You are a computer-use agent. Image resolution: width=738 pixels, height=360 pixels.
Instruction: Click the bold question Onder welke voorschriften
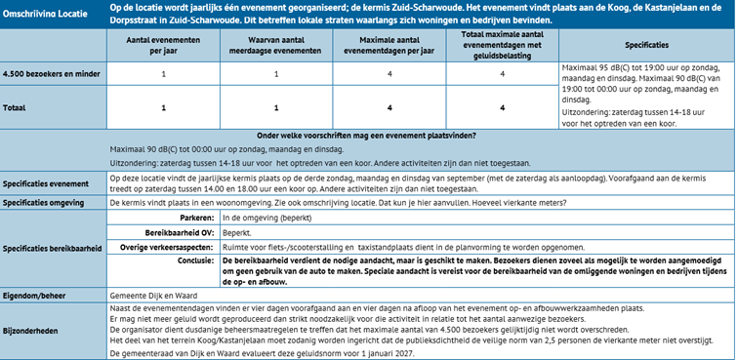[366, 135]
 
